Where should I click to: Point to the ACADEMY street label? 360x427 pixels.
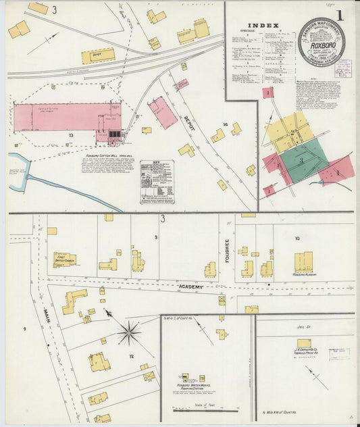pos(190,286)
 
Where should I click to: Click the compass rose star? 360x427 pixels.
pos(128,332)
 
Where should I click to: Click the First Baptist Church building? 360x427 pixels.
pos(65,260)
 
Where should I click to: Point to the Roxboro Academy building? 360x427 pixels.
pos(303,262)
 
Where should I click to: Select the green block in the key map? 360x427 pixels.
pos(303,160)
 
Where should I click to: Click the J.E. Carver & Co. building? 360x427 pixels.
pos(304,343)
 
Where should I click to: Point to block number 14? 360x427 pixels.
pos(226,125)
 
